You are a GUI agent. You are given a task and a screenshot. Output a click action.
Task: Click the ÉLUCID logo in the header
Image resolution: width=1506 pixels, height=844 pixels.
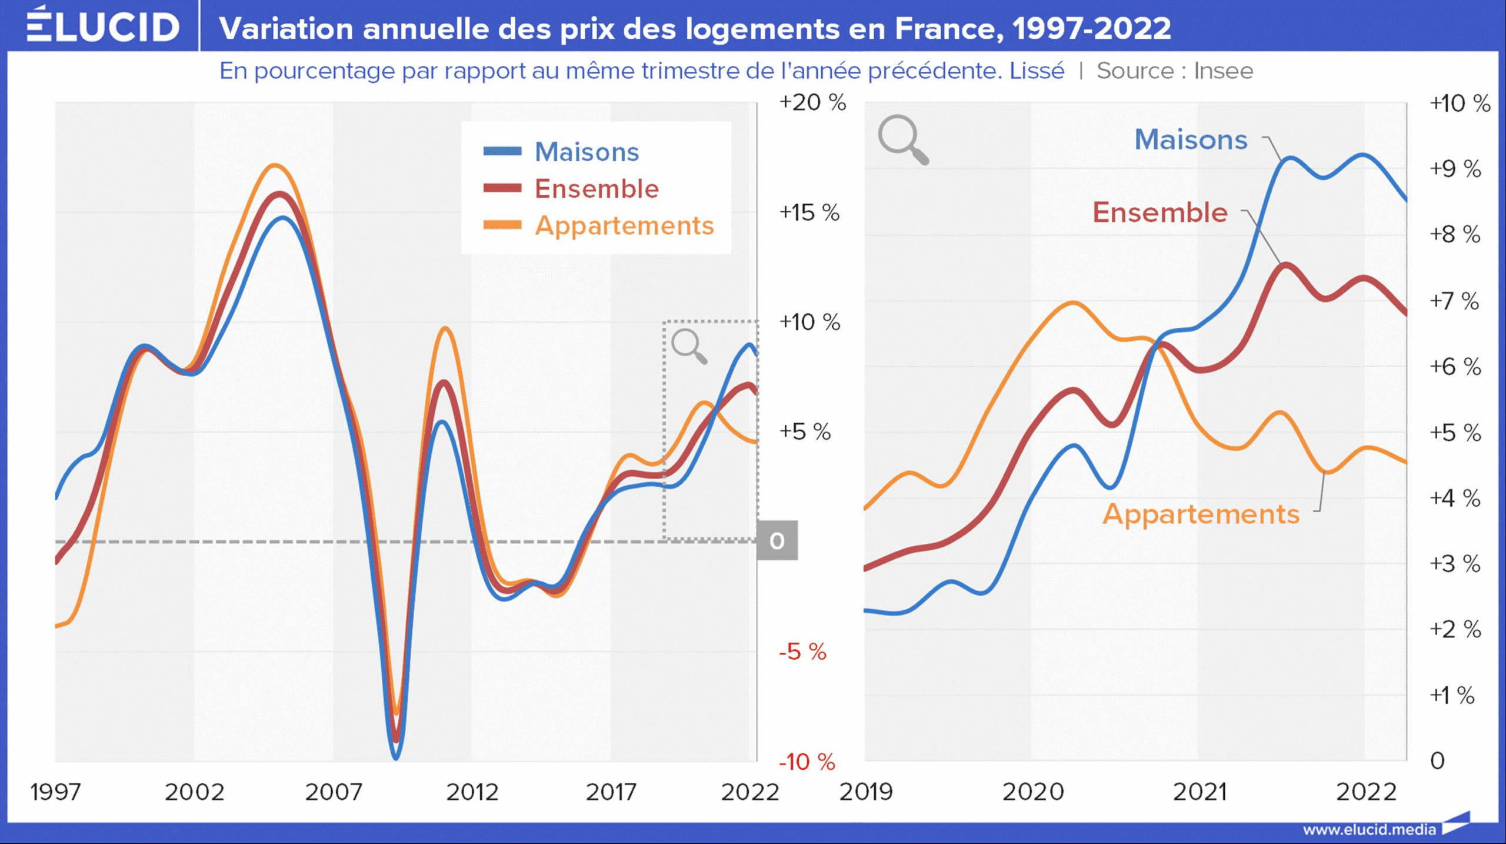coord(103,26)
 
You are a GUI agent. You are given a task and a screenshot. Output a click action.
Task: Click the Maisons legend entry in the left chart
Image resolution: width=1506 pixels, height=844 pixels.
coord(586,152)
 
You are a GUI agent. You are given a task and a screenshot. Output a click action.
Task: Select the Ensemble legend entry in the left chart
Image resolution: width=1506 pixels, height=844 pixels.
coord(596,189)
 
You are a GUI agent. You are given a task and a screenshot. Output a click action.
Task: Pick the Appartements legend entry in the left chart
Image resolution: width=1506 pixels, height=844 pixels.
coord(624,226)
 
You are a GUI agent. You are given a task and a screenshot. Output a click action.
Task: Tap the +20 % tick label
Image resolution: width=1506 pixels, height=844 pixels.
coord(812,102)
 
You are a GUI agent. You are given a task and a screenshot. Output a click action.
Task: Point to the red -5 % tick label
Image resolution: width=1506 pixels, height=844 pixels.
coord(802,652)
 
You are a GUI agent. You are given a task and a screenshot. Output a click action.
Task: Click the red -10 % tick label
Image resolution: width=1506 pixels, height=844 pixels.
coord(807,762)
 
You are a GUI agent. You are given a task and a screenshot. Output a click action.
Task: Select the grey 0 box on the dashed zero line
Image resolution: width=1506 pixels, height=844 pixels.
coord(777,540)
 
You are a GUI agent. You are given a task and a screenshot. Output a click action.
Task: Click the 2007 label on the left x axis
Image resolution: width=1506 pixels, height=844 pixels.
coord(334,792)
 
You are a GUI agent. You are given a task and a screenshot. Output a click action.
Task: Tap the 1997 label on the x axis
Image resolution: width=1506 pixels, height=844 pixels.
coord(55,792)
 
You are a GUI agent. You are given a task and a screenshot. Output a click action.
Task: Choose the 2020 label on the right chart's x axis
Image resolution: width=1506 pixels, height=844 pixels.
coord(1033,792)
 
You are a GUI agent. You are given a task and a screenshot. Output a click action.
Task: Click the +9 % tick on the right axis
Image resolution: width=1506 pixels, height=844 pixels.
coord(1455,169)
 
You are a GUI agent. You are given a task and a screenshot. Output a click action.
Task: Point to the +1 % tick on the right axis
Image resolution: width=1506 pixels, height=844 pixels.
coord(1452,695)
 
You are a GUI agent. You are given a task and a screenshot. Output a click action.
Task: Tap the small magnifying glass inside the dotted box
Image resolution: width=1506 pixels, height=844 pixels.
coord(689,346)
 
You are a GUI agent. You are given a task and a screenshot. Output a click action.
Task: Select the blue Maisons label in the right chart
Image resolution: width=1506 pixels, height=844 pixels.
coord(1191,140)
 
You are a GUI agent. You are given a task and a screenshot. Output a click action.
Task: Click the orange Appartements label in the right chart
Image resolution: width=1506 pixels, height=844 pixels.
coord(1201,514)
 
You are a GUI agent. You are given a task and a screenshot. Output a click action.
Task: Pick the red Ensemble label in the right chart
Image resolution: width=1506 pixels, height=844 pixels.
coord(1160,212)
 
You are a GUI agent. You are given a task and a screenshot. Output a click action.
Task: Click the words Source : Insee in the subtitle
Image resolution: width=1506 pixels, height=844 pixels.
coord(1175,71)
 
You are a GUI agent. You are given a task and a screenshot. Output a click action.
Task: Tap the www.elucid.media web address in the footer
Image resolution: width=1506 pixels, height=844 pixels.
coord(1370,829)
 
